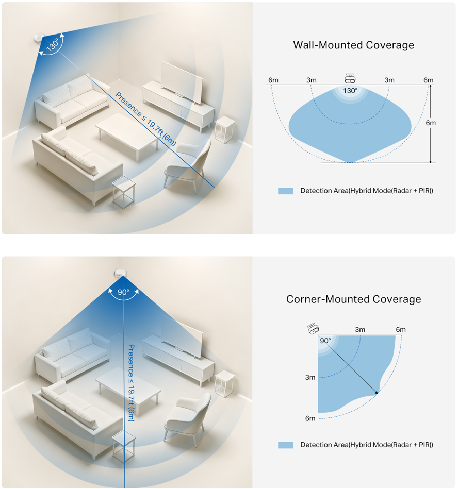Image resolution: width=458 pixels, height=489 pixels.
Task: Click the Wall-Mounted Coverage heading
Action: pos(353,45)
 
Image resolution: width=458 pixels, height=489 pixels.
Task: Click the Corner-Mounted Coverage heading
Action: pos(353,299)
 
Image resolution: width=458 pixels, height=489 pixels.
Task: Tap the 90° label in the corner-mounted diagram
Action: pos(325,341)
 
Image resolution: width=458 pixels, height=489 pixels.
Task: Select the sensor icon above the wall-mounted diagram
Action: pos(351,78)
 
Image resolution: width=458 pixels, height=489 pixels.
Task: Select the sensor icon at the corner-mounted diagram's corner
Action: pos(313,328)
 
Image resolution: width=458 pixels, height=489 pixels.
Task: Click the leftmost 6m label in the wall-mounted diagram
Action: pos(273,80)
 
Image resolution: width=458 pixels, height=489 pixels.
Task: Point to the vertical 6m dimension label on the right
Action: pos(430,123)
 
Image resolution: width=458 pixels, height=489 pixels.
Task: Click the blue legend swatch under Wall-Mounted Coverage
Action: pos(285,191)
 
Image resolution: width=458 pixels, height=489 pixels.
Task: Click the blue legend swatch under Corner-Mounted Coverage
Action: pos(285,445)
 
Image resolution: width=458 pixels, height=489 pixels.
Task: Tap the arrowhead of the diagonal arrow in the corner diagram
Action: pos(377,393)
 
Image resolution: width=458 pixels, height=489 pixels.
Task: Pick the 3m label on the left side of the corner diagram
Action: pos(310,377)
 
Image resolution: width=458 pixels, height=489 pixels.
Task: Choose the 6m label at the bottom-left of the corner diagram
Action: pos(310,418)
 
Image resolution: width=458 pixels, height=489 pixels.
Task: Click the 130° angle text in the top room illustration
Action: pos(52,46)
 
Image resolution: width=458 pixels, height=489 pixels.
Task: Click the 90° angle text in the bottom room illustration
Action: pos(123,292)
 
